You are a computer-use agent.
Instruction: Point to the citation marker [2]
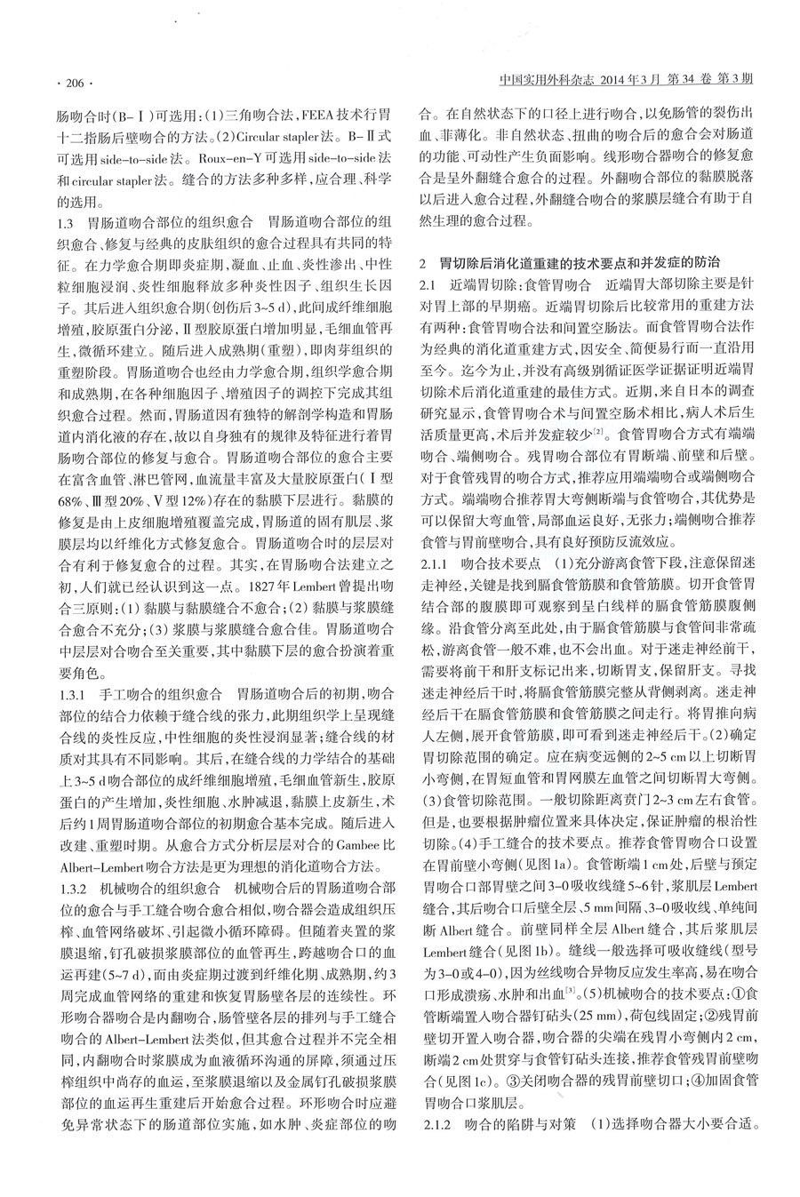[601, 431]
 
